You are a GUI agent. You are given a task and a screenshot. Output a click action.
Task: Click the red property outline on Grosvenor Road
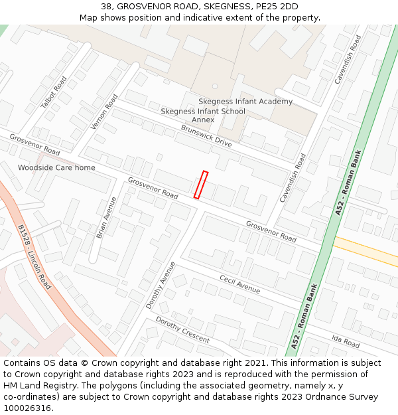[x=201, y=185]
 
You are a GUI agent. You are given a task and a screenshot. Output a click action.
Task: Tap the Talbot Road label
[x=54, y=93]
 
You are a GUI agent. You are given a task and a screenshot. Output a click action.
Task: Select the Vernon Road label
[x=104, y=111]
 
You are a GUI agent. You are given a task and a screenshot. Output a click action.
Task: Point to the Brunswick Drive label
[x=206, y=135]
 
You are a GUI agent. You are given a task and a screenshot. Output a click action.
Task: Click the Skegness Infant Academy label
[x=245, y=102]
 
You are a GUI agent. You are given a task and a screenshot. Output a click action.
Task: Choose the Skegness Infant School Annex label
[x=203, y=116]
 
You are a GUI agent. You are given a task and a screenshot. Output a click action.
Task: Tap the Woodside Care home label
[x=56, y=168]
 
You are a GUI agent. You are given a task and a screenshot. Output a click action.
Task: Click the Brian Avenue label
[x=106, y=217]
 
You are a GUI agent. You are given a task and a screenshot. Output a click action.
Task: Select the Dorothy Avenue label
[x=161, y=285]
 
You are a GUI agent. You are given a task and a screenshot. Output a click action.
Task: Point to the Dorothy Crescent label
[x=182, y=329]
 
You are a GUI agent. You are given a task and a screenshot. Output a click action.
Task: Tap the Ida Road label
[x=346, y=342]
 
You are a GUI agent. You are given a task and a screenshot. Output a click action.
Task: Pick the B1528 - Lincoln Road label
[x=34, y=256]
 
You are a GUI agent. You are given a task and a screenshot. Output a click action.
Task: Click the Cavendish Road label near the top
[x=348, y=60]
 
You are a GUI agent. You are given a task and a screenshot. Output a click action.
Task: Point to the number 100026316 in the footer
[x=27, y=408]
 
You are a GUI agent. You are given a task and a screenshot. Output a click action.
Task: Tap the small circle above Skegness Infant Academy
[x=215, y=86]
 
